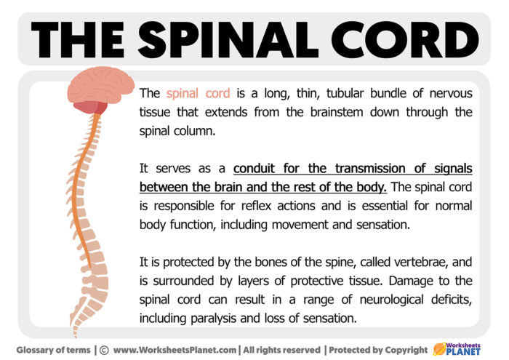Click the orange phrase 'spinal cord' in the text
click(198, 93)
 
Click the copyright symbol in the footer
click(103, 350)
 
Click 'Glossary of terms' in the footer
click(54, 350)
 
